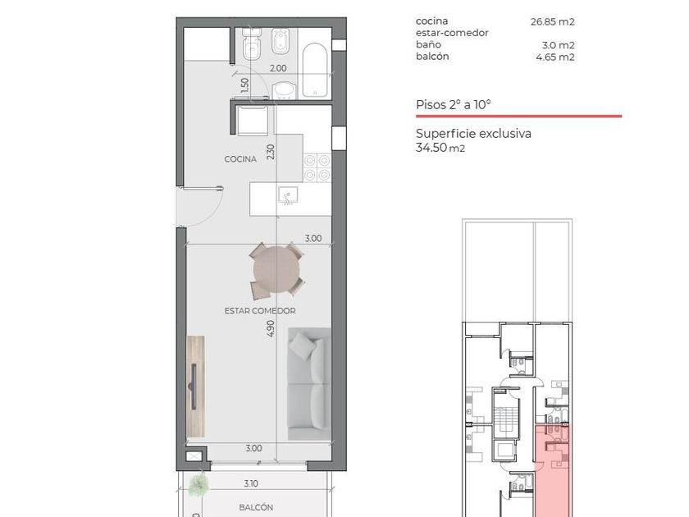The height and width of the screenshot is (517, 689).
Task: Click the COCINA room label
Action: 240,159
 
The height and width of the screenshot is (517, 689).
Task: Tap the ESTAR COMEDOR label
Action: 260,311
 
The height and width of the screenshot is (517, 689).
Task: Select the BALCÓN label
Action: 256,507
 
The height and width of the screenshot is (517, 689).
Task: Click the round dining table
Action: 276,269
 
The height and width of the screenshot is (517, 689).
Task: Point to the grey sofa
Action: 309,384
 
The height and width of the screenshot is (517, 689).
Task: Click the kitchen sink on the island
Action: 288,195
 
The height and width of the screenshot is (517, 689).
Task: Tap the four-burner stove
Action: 317,168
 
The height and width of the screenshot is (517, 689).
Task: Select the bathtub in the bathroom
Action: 315,70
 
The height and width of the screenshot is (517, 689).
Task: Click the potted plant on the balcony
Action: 198,484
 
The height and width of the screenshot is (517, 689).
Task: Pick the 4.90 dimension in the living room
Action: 270,328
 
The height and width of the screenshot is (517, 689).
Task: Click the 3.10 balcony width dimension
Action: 251,483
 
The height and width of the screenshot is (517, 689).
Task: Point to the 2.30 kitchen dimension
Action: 270,152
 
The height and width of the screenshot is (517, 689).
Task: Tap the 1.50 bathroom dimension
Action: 244,85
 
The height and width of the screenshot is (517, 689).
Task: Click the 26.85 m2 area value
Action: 552,21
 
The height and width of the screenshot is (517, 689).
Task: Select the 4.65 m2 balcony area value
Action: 555,57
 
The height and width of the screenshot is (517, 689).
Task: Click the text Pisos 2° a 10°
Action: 453,105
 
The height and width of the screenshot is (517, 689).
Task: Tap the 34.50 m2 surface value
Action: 440,147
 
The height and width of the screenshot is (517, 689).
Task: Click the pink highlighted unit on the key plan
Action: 553,471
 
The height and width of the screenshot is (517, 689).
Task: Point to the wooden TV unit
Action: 195,387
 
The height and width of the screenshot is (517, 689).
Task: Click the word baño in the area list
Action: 428,44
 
